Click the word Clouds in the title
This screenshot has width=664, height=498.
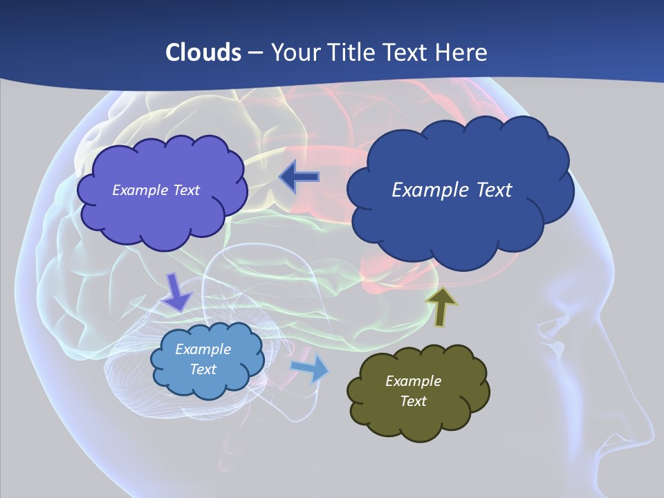point(203,53)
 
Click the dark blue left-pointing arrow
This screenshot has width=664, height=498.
point(299,177)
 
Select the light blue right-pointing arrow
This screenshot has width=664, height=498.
point(309,368)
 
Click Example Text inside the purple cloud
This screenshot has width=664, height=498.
point(156,190)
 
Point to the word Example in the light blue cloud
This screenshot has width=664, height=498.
point(203,349)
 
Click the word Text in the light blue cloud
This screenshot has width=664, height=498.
point(203,369)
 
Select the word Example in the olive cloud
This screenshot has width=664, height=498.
point(413,381)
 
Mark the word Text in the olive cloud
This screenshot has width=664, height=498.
point(413,401)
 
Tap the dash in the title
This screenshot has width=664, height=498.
point(255,53)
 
